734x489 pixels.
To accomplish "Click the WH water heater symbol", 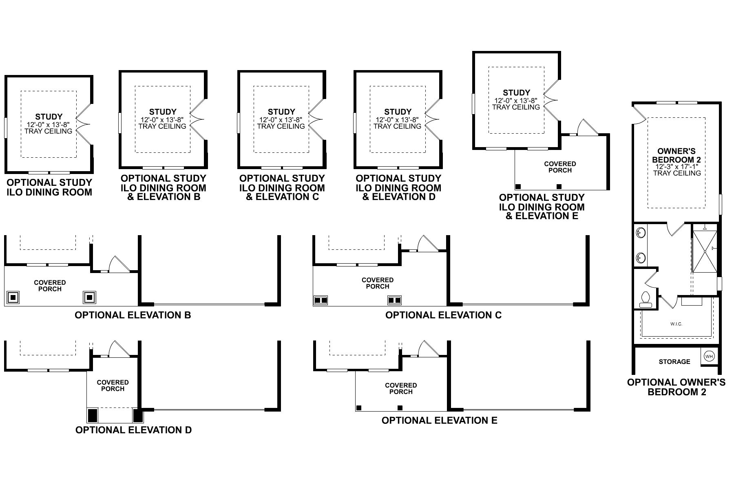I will coord(709,356).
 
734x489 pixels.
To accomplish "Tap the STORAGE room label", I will coord(674,361).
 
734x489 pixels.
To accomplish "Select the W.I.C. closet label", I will coord(676,324).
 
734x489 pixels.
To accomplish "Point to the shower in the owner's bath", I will coord(705,251).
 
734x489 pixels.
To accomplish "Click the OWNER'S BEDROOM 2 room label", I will coord(676,155).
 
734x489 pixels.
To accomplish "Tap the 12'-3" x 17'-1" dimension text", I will coord(677,166).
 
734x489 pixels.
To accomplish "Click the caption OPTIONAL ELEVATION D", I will coord(133,430).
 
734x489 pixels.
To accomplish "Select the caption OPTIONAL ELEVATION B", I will coord(133,315).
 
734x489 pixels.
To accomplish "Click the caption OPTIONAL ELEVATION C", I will coord(443,315).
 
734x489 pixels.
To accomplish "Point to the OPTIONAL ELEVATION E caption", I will coord(439,420).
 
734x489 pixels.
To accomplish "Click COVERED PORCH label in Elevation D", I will coord(113,385).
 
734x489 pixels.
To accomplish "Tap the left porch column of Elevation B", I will coord(13,297).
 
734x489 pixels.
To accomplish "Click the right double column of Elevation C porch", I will coord(394,300).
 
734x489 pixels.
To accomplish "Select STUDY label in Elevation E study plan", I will coord(516,93).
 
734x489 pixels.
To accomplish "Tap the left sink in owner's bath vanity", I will coord(641,233).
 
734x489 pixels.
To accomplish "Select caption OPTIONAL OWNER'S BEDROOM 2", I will coord(676,387).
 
